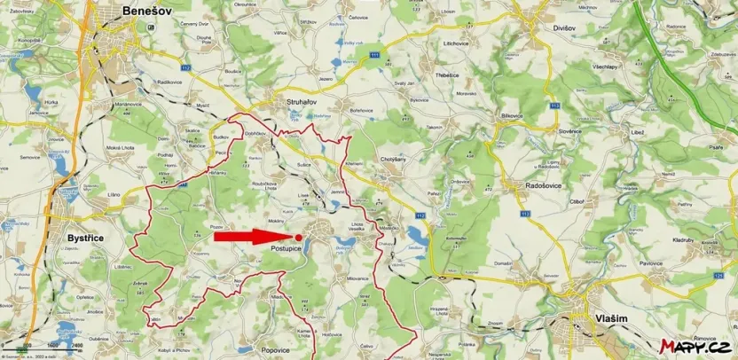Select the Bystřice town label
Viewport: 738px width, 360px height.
(88, 238)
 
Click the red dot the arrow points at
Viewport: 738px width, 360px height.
(298, 237)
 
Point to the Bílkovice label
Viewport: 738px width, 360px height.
(514, 115)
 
